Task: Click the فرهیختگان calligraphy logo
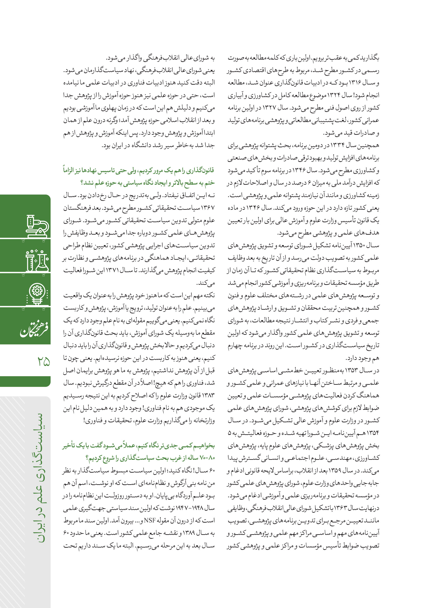34,329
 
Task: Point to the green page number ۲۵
44,361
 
